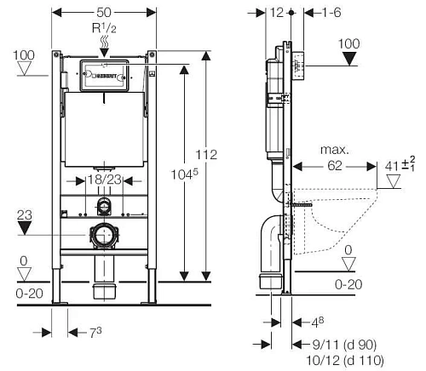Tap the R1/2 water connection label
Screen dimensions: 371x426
point(104,29)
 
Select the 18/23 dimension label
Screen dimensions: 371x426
point(103,180)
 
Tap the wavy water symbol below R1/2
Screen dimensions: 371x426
point(104,41)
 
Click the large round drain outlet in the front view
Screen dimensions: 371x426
point(104,233)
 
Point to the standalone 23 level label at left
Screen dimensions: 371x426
point(25,215)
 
